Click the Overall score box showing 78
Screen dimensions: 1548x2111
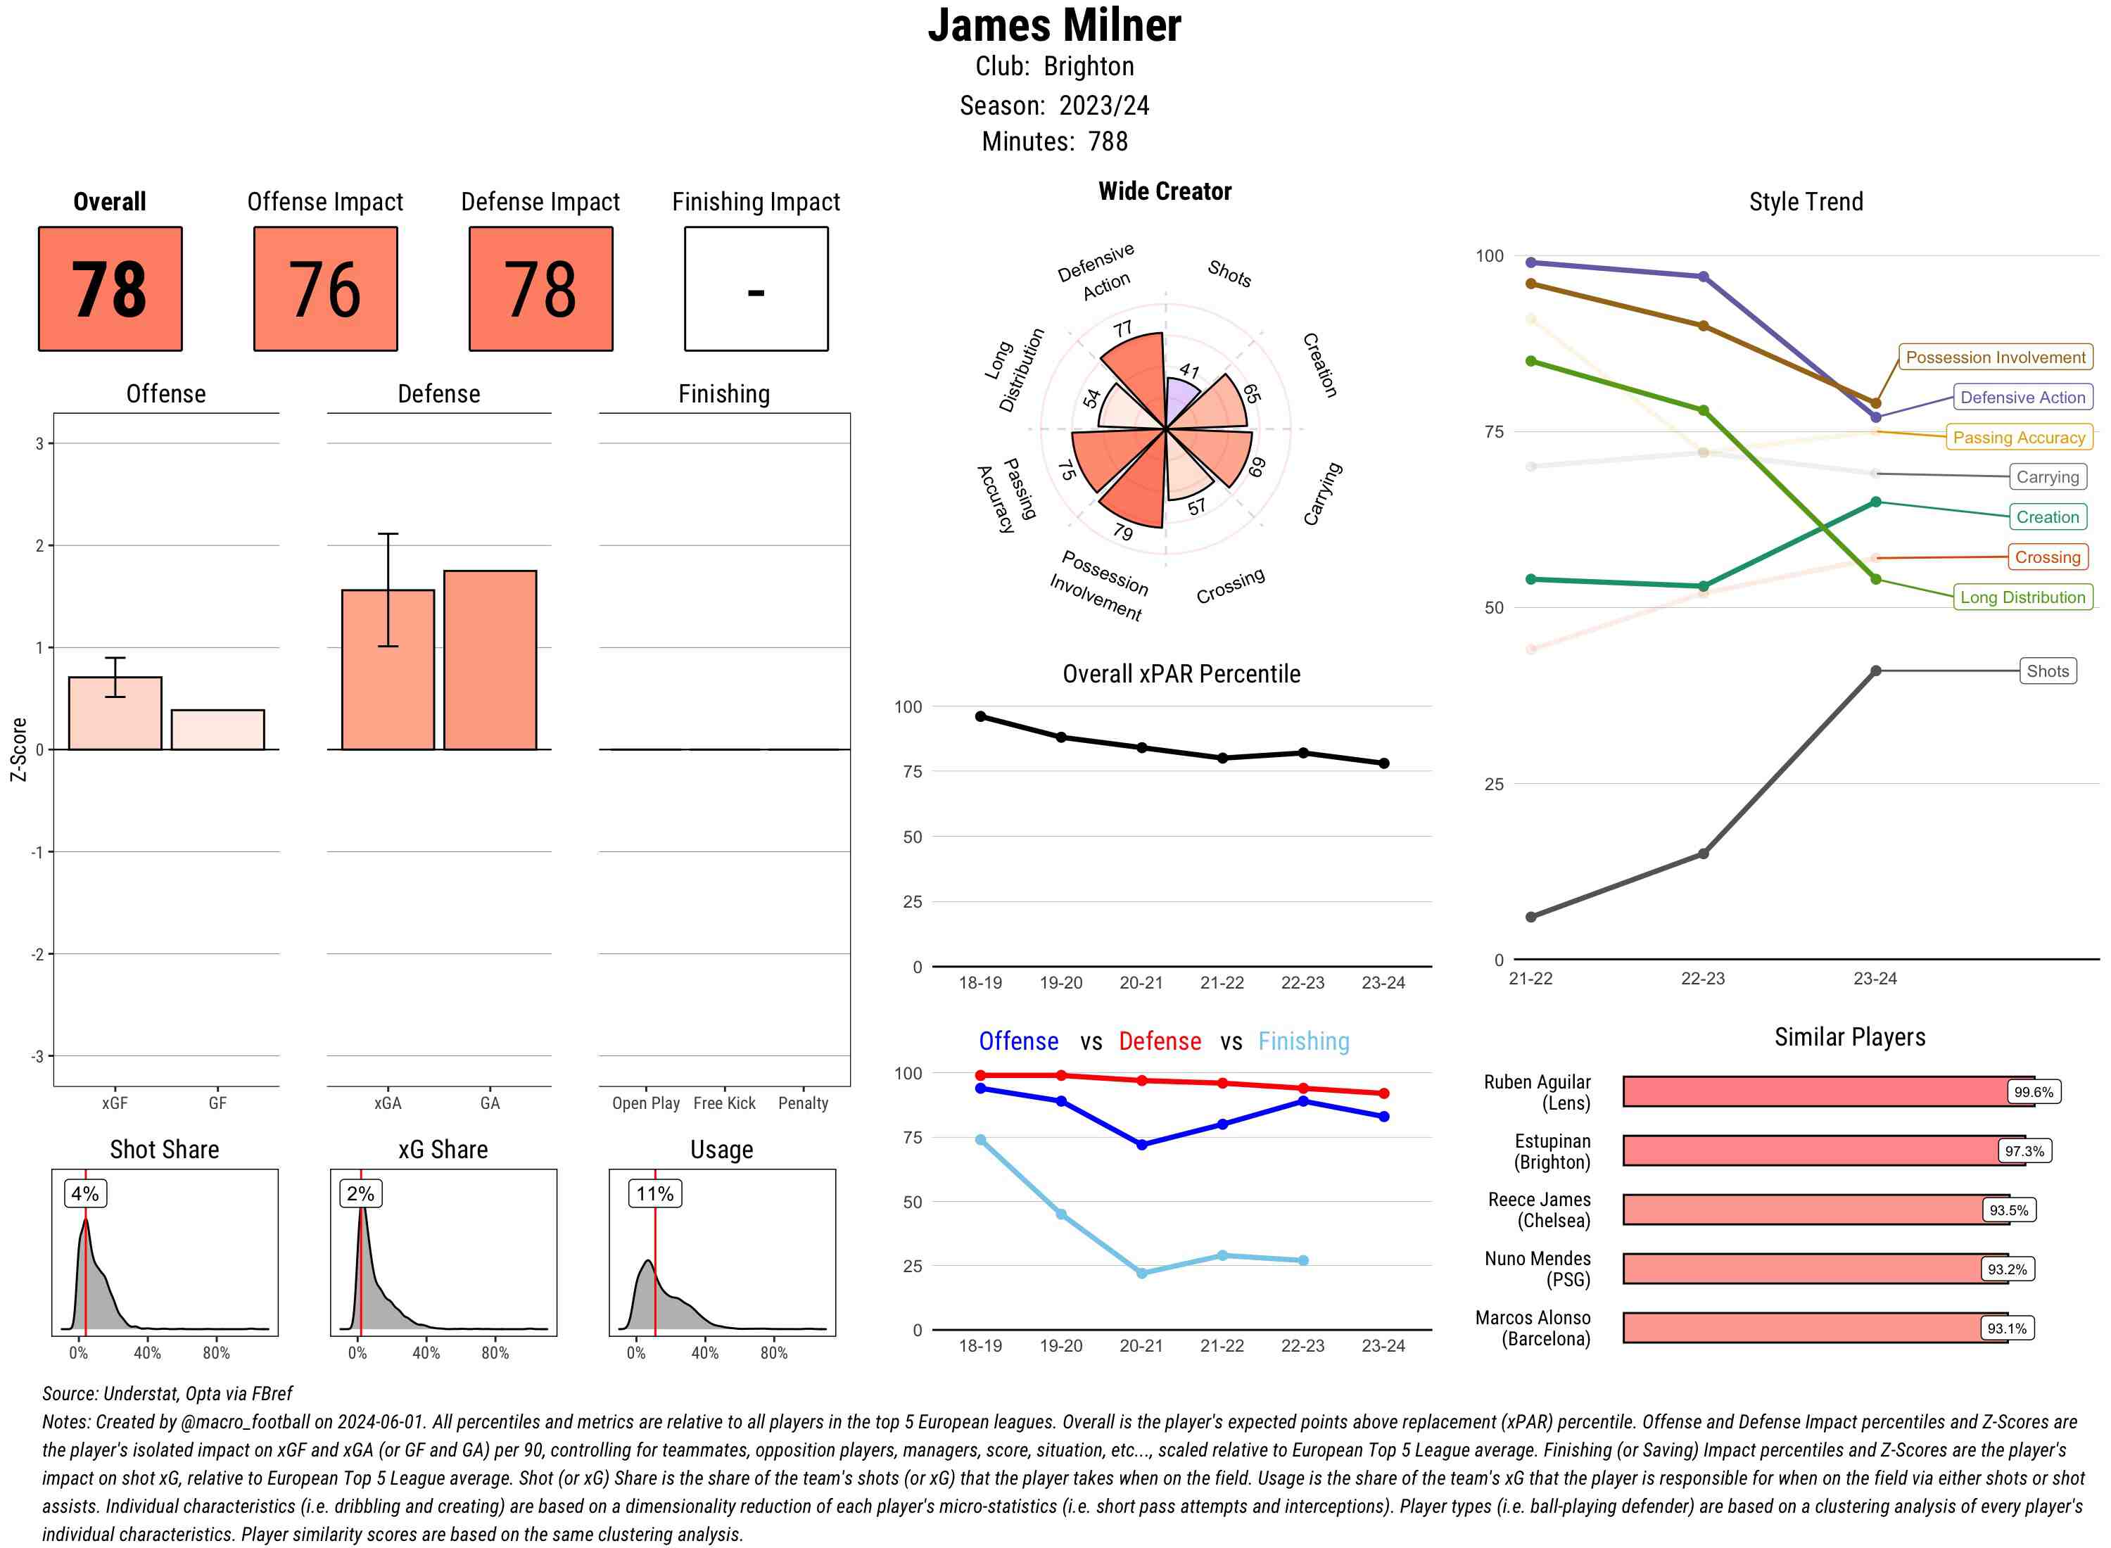(x=110, y=288)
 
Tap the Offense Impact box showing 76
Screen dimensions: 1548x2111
(x=325, y=288)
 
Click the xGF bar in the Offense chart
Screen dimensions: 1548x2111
(x=115, y=713)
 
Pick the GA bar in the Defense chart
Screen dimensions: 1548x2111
(x=490, y=660)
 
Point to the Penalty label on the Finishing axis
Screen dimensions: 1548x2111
(x=803, y=1103)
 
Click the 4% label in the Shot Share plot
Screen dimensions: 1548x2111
(x=85, y=1193)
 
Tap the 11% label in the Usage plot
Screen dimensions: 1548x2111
(x=655, y=1193)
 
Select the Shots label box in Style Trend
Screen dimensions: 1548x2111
(x=2047, y=671)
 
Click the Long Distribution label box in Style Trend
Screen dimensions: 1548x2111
(x=2022, y=597)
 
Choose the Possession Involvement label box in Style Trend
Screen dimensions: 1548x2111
(x=1995, y=357)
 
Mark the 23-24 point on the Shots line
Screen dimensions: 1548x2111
(x=1875, y=671)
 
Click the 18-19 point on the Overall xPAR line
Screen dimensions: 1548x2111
(x=980, y=716)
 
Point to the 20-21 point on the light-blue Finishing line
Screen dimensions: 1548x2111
(x=1141, y=1272)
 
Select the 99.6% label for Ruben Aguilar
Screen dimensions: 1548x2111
(x=2033, y=1091)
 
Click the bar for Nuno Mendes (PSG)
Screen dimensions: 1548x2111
(x=1815, y=1269)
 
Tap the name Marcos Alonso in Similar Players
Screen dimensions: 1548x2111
(x=1532, y=1317)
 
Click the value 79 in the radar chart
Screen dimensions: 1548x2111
(x=1122, y=532)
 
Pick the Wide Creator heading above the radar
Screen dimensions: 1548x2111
(x=1165, y=191)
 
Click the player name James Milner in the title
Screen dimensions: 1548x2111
(x=1054, y=25)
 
